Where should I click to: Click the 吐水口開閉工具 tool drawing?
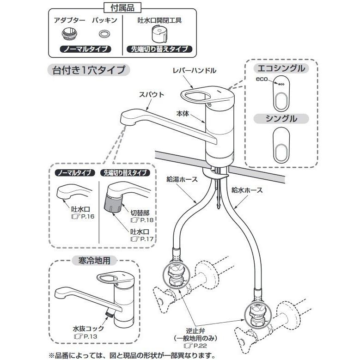[159, 34]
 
